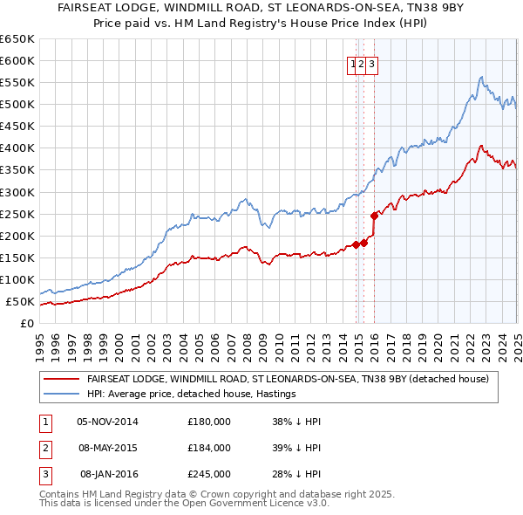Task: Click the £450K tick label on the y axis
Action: pyautogui.click(x=17, y=127)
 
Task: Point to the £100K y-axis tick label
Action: pyautogui.click(x=17, y=280)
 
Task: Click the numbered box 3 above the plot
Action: pyautogui.click(x=371, y=63)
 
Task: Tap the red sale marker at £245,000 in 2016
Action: pyautogui.click(x=374, y=215)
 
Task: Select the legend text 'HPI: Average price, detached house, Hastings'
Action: pyautogui.click(x=192, y=394)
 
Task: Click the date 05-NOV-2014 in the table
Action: pyautogui.click(x=107, y=422)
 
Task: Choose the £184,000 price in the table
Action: pyautogui.click(x=208, y=448)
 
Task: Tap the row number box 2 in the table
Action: pyautogui.click(x=44, y=448)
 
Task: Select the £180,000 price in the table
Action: pyautogui.click(x=208, y=422)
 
